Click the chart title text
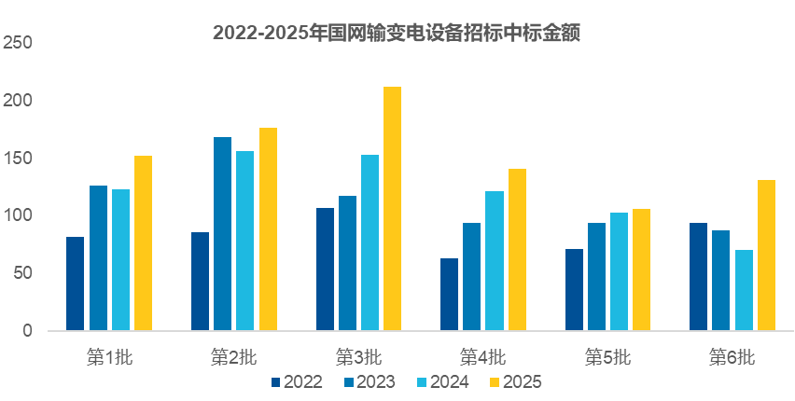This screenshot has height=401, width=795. click(x=397, y=34)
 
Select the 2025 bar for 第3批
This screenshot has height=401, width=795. click(x=393, y=209)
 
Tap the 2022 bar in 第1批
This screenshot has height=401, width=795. click(x=76, y=283)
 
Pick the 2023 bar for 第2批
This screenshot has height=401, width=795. click(x=223, y=234)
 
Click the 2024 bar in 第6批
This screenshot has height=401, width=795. click(x=744, y=290)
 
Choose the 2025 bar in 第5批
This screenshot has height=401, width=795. click(x=641, y=270)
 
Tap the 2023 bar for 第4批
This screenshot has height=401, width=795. click(x=472, y=277)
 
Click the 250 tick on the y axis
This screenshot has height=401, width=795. click(x=18, y=43)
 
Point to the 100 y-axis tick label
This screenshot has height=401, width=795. click(x=18, y=215)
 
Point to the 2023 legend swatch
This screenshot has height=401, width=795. click(x=349, y=381)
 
